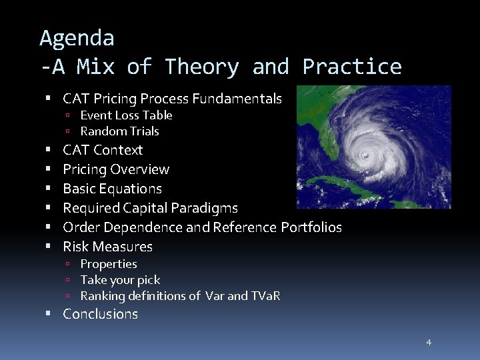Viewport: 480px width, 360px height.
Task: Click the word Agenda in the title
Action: pos(77,38)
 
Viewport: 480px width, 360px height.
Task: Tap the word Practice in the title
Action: pos(352,67)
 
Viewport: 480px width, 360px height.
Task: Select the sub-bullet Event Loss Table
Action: pos(126,115)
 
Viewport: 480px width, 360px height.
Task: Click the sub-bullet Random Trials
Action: pos(119,131)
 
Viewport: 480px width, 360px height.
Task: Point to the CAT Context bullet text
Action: pos(103,150)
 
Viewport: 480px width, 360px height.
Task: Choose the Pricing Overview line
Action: pos(116,169)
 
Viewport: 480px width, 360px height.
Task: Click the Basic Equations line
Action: pos(112,189)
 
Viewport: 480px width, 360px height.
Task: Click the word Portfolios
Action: pos(311,227)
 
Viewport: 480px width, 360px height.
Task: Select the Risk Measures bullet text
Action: pos(107,247)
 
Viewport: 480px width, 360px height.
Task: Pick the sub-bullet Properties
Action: pos(108,264)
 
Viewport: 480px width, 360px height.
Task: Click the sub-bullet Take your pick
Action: pos(120,280)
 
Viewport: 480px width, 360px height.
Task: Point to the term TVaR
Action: pos(265,296)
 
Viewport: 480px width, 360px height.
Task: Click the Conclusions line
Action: pos(100,314)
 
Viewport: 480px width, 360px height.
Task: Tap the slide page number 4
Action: pos(429,342)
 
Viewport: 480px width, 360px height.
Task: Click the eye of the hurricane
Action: pos(365,155)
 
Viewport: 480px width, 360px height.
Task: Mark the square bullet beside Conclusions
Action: pos(49,314)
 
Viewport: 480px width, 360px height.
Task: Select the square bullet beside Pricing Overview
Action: pos(49,169)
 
